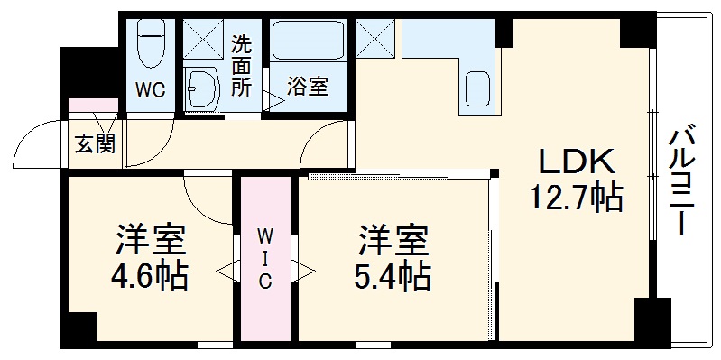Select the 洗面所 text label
242,65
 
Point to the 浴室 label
308,88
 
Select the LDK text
577,162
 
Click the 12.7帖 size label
578,197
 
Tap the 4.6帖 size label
151,275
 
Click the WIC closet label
265,258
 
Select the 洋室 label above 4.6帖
151,240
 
